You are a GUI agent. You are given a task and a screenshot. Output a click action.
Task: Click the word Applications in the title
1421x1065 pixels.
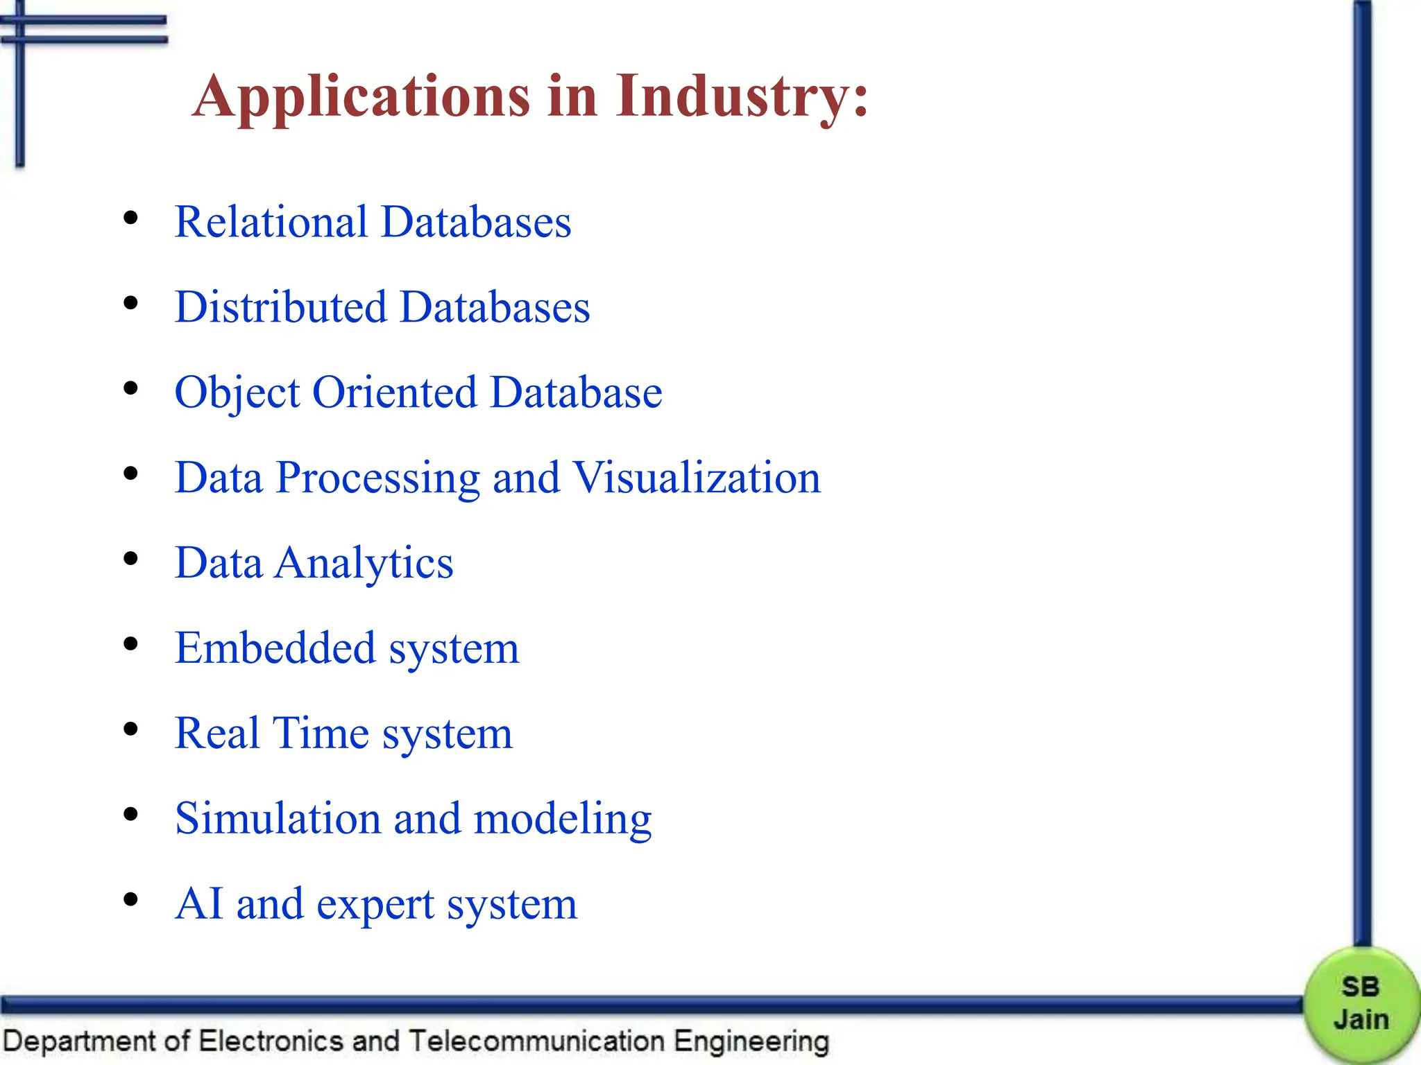pos(361,97)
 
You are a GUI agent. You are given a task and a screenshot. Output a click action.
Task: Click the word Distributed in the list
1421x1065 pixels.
pos(280,307)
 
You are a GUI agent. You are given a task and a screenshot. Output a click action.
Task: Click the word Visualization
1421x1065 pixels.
pos(697,478)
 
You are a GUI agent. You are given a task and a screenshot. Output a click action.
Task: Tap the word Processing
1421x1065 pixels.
pos(377,479)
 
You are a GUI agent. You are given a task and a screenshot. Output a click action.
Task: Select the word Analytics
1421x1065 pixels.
pos(364,563)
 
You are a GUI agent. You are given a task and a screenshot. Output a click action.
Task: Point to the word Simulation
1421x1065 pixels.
pos(278,819)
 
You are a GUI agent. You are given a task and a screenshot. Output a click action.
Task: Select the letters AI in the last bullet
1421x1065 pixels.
pos(200,904)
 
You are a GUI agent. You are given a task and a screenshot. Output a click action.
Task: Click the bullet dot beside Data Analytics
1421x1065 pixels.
pos(130,559)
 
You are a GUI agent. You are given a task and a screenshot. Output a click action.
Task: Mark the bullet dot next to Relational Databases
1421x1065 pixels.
pos(130,218)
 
